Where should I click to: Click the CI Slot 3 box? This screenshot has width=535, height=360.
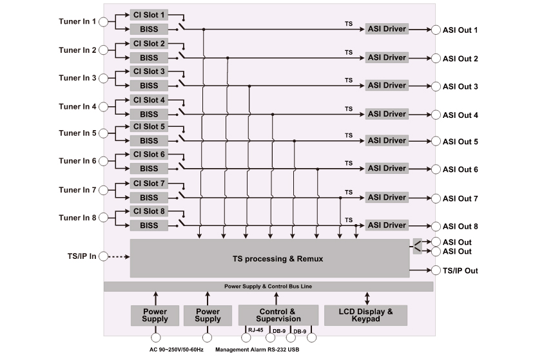tap(149, 71)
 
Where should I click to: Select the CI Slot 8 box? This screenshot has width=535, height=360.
tap(149, 211)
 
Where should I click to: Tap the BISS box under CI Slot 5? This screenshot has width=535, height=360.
tap(149, 140)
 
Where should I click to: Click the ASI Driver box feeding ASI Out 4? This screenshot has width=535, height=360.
tap(387, 113)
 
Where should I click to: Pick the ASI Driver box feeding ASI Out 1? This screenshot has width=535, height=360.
tap(387, 30)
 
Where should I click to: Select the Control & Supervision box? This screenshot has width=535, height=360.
tap(278, 314)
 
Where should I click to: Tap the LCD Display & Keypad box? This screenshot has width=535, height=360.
tap(365, 314)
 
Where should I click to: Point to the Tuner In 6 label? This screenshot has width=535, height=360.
tap(77, 161)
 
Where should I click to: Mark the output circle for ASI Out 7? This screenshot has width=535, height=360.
tap(436, 198)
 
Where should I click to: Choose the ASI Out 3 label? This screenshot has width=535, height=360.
tap(460, 86)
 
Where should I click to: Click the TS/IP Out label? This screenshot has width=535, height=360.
tap(460, 270)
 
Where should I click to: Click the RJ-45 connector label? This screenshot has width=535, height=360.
tap(256, 330)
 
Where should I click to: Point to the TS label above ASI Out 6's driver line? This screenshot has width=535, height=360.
tap(349, 163)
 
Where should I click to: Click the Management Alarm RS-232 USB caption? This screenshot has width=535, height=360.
tap(257, 350)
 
